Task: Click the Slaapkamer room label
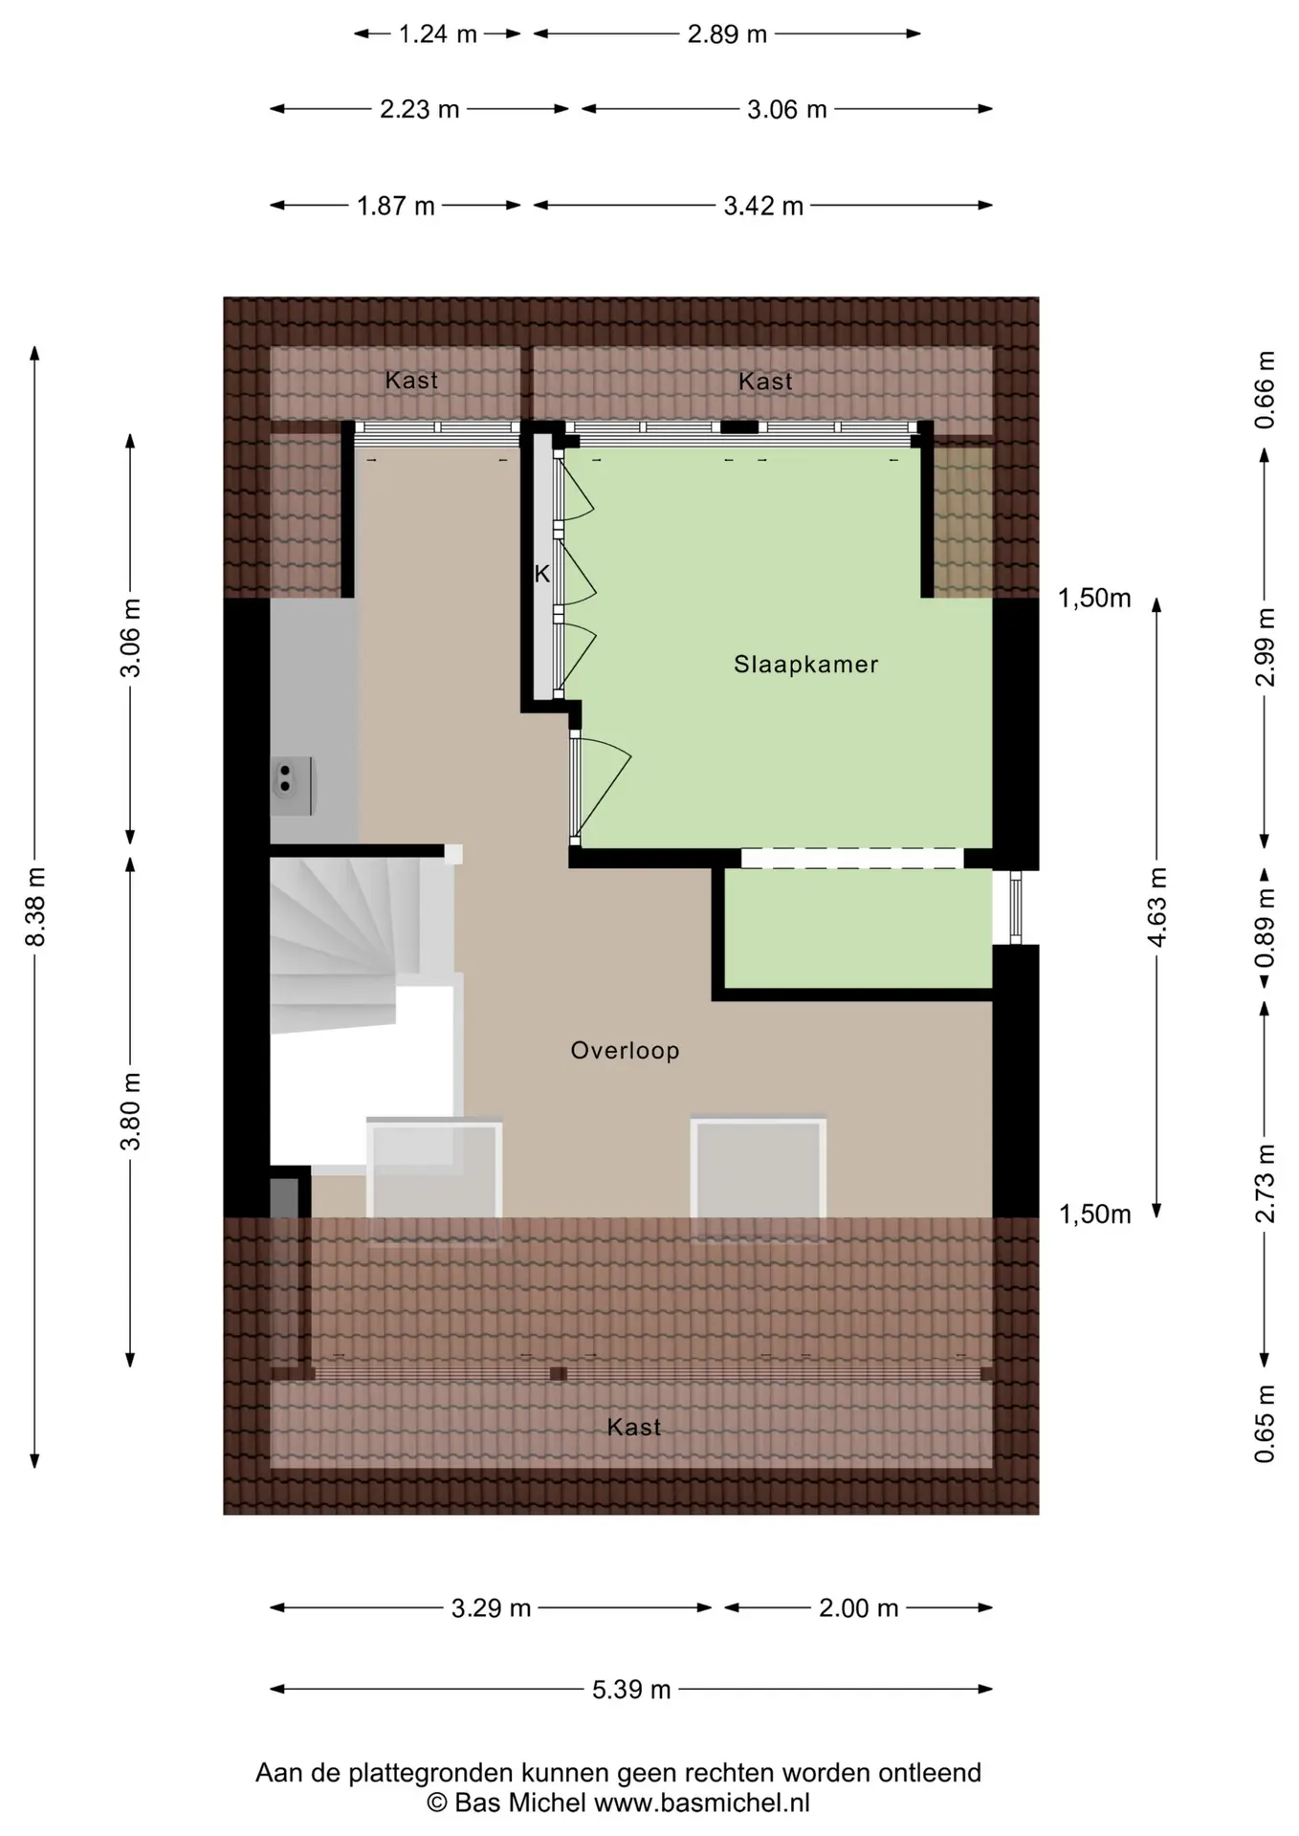click(x=805, y=665)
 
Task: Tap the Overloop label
click(x=625, y=1051)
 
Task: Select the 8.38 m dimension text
click(x=35, y=907)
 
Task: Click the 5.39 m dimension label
click(x=631, y=1690)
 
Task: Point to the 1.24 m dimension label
click(x=437, y=34)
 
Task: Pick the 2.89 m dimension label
click(x=727, y=34)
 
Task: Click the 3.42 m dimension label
click(x=762, y=206)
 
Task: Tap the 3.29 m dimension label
click(x=491, y=1608)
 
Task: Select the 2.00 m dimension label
click(x=858, y=1608)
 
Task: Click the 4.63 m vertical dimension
click(x=1156, y=907)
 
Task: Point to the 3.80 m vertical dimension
click(x=130, y=1111)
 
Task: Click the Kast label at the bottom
click(x=634, y=1428)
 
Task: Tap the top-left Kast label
click(x=411, y=381)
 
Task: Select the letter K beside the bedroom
click(x=542, y=575)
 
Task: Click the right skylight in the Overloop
click(x=759, y=1180)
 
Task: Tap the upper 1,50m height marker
click(x=1094, y=599)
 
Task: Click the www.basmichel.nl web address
click(x=702, y=1803)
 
